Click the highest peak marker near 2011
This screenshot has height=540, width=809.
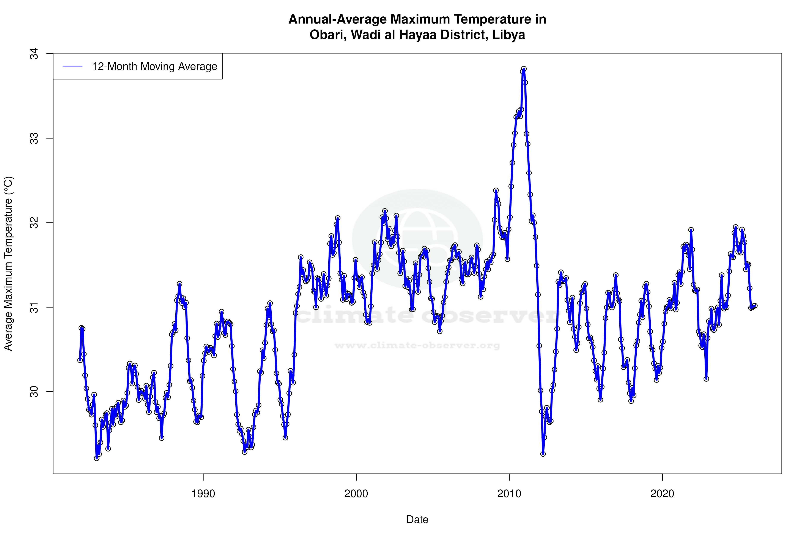[x=524, y=69]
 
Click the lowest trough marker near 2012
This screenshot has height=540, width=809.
[x=543, y=454]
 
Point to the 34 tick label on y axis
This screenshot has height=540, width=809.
[x=34, y=54]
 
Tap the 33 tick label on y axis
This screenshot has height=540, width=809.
[x=34, y=138]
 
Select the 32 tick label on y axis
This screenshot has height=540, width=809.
[x=34, y=223]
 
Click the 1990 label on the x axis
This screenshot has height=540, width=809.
[x=203, y=494]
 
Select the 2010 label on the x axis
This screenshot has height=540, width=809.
[x=509, y=494]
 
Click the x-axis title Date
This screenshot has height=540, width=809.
[x=417, y=520]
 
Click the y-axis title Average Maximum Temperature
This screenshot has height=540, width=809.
[x=8, y=264]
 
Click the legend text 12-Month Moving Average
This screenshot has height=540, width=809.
[x=154, y=67]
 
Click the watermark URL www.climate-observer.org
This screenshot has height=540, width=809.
[x=417, y=345]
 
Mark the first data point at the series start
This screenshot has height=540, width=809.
[x=80, y=360]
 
